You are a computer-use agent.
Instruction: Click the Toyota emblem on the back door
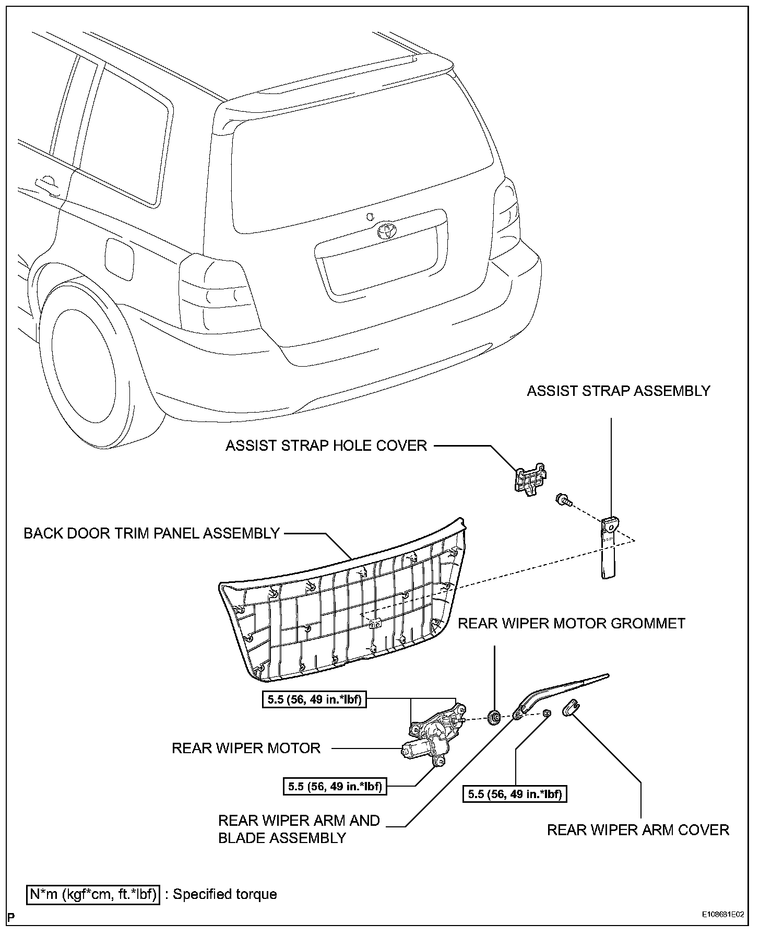pyautogui.click(x=387, y=230)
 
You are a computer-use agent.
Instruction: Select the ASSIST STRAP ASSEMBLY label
pyautogui.click(x=618, y=391)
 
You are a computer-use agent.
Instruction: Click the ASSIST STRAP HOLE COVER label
pyautogui.click(x=326, y=446)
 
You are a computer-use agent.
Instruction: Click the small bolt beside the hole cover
pyautogui.click(x=564, y=499)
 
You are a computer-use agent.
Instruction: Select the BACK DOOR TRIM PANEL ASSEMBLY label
pyautogui.click(x=152, y=533)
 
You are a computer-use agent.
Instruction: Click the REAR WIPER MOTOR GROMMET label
pyautogui.click(x=572, y=623)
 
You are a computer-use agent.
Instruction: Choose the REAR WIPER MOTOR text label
pyautogui.click(x=246, y=748)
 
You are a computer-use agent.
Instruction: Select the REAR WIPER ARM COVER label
pyautogui.click(x=638, y=830)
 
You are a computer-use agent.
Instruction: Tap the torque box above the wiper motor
pyautogui.click(x=315, y=699)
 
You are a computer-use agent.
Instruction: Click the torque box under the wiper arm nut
pyautogui.click(x=515, y=794)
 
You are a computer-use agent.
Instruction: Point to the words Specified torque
pyautogui.click(x=225, y=894)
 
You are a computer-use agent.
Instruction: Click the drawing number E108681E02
pyautogui.click(x=722, y=930)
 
